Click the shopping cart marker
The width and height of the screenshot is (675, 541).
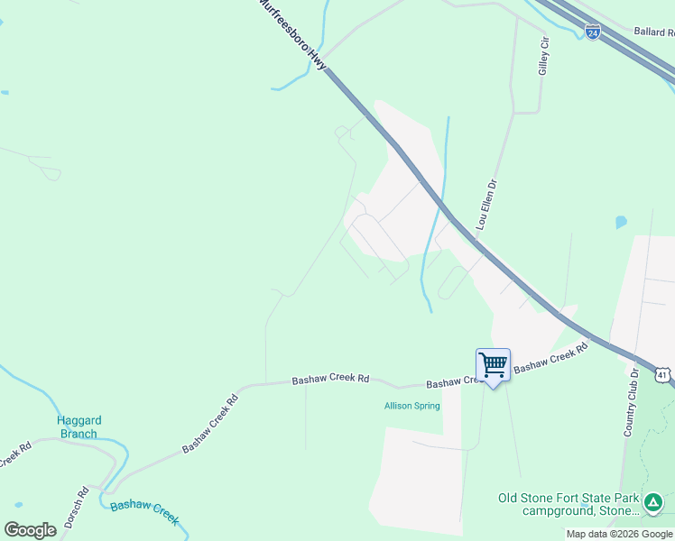point(493,366)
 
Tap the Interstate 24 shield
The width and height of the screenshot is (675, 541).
point(592,32)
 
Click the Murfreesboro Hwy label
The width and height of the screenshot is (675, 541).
point(291,34)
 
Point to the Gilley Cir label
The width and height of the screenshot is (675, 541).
point(544,57)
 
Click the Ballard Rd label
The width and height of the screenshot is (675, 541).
point(654,32)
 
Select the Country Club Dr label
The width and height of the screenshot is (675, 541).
point(633,402)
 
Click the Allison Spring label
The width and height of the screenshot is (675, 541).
point(412,406)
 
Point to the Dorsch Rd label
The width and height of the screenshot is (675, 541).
point(82,508)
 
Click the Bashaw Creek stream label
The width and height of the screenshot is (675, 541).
point(144,513)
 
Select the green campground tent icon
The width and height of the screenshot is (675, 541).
point(653,501)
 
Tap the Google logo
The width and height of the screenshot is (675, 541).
point(30,530)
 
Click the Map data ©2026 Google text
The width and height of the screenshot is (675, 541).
point(619,534)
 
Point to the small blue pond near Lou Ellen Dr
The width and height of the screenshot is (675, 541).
point(621,222)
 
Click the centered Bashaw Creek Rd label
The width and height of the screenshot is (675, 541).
point(331,381)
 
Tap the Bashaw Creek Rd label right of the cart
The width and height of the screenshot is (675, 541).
point(544,358)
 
